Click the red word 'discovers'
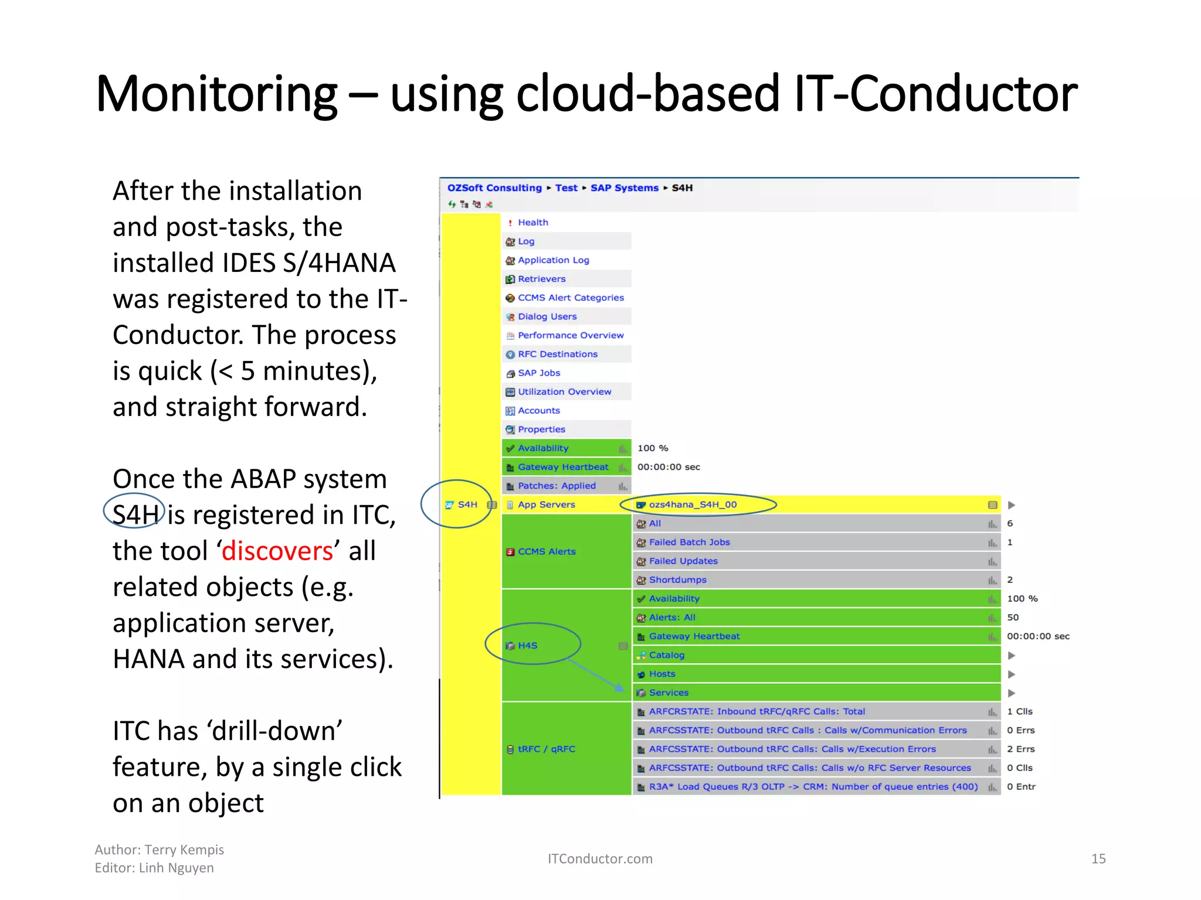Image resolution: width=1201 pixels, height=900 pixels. [277, 551]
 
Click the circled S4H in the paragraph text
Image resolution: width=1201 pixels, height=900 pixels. [135, 515]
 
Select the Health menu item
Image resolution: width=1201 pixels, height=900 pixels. [532, 223]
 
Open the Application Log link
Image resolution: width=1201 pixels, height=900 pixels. [553, 260]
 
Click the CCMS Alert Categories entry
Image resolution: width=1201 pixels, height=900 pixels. [570, 298]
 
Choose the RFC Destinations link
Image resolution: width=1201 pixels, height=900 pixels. [557, 354]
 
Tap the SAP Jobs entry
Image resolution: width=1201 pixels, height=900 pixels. [538, 373]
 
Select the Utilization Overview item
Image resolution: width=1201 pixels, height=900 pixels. [564, 392]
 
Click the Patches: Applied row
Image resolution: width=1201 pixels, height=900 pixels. [556, 486]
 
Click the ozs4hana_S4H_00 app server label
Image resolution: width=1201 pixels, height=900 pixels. [692, 504]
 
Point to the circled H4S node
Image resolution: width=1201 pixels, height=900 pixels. [527, 646]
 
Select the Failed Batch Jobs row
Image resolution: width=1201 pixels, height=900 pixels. [689, 543]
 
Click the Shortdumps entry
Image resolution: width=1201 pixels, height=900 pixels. [677, 580]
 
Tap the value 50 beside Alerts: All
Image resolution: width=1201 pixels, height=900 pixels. [1013, 618]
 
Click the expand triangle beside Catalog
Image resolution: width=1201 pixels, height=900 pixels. [1012, 656]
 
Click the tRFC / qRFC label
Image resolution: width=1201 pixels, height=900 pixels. [546, 749]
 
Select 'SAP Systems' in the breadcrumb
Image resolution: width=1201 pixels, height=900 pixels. [624, 188]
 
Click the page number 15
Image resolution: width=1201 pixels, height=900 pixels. [1098, 859]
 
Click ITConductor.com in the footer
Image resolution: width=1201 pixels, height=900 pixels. [599, 859]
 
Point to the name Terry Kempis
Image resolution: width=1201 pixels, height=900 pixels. [184, 850]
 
